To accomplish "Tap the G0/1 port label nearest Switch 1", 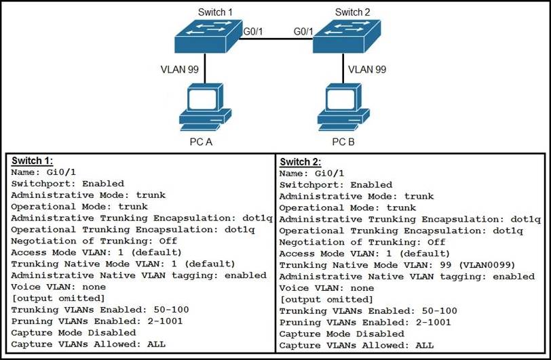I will tap(253, 31).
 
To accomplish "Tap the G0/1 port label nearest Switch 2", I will tap(303, 31).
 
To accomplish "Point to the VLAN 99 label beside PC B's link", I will tap(367, 69).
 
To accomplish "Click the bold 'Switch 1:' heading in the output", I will tap(32, 161).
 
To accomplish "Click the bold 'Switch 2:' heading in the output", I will tap(301, 162).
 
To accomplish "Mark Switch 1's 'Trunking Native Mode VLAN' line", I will tap(123, 264).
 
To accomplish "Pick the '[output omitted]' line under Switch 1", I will tap(58, 298).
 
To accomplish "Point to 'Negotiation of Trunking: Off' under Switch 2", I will tap(362, 242).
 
